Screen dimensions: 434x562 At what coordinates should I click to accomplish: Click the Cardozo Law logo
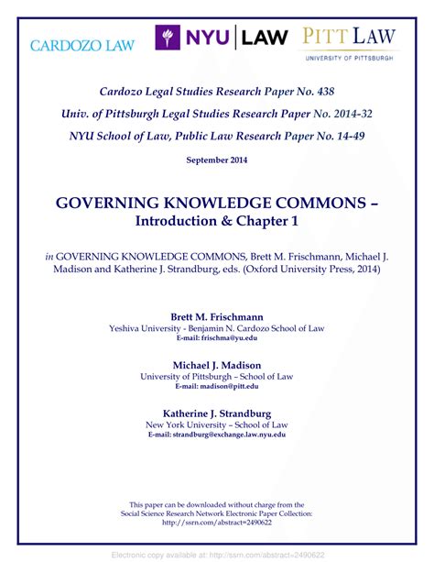tap(82, 45)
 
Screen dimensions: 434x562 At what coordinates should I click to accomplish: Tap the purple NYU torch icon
tap(167, 38)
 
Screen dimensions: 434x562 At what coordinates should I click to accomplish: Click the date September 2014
tap(216, 160)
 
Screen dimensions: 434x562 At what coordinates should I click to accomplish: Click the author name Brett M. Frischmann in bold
tap(216, 316)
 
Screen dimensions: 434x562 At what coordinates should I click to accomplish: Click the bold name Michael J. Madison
tap(216, 364)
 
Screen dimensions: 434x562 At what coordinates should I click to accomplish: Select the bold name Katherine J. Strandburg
tap(216, 413)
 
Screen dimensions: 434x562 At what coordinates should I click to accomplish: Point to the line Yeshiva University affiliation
tap(216, 328)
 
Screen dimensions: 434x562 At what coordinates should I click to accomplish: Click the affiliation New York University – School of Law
tap(216, 424)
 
